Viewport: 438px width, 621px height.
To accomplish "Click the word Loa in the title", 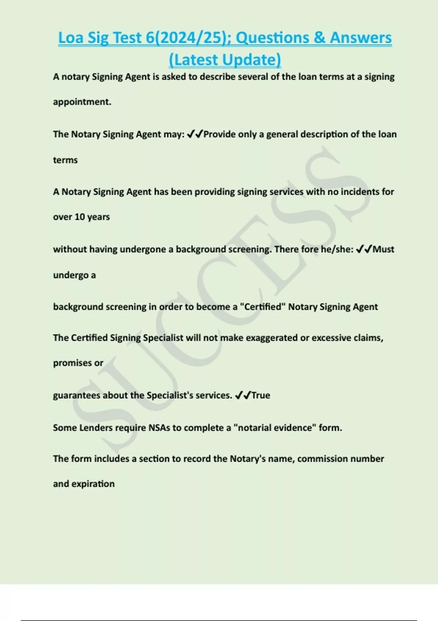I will click(x=71, y=38).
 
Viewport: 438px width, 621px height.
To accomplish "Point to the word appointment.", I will click(x=82, y=102).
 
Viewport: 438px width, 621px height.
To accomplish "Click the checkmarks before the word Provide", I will click(x=195, y=134).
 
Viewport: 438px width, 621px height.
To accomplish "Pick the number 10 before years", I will click(x=80, y=217).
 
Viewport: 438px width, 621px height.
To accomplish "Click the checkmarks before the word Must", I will click(x=364, y=249).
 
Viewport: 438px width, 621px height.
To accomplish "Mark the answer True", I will click(x=261, y=396).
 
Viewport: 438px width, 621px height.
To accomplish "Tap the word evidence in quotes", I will click(x=294, y=428).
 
